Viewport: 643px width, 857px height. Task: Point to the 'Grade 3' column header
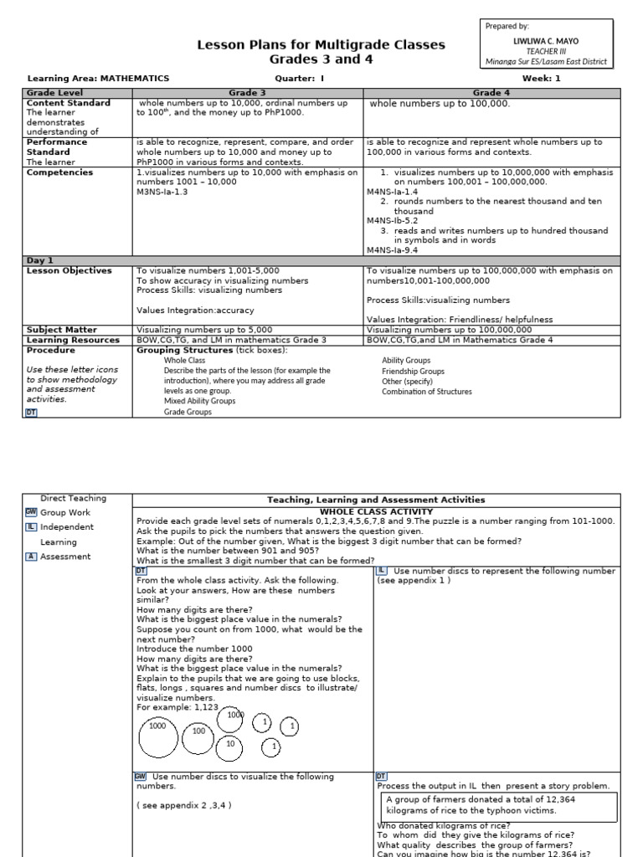coord(248,93)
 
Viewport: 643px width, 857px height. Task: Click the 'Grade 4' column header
coord(491,93)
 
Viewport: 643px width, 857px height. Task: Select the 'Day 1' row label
coord(40,260)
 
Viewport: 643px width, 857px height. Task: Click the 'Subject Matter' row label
coord(62,330)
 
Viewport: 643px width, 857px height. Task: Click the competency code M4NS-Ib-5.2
coord(392,221)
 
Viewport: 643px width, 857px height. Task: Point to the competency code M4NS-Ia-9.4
coord(392,249)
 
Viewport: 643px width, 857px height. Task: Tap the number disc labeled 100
coord(198,731)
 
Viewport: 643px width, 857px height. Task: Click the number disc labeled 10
coord(230,743)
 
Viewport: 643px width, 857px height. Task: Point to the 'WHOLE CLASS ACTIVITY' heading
coord(376,511)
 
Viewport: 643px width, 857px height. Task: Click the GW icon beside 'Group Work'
coord(31,512)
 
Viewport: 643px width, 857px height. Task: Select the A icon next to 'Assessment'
coord(31,557)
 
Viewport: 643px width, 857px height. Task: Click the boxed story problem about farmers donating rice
coord(499,804)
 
